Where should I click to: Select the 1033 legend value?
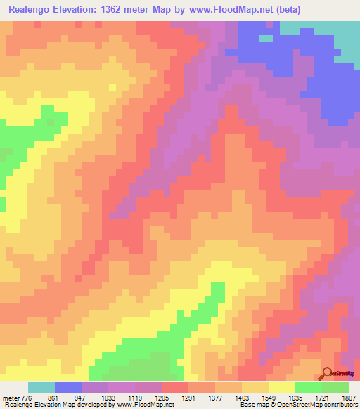(127, 397)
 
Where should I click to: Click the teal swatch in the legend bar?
(41, 387)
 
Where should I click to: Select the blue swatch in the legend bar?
(68, 387)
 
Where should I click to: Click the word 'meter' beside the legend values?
(12, 397)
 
